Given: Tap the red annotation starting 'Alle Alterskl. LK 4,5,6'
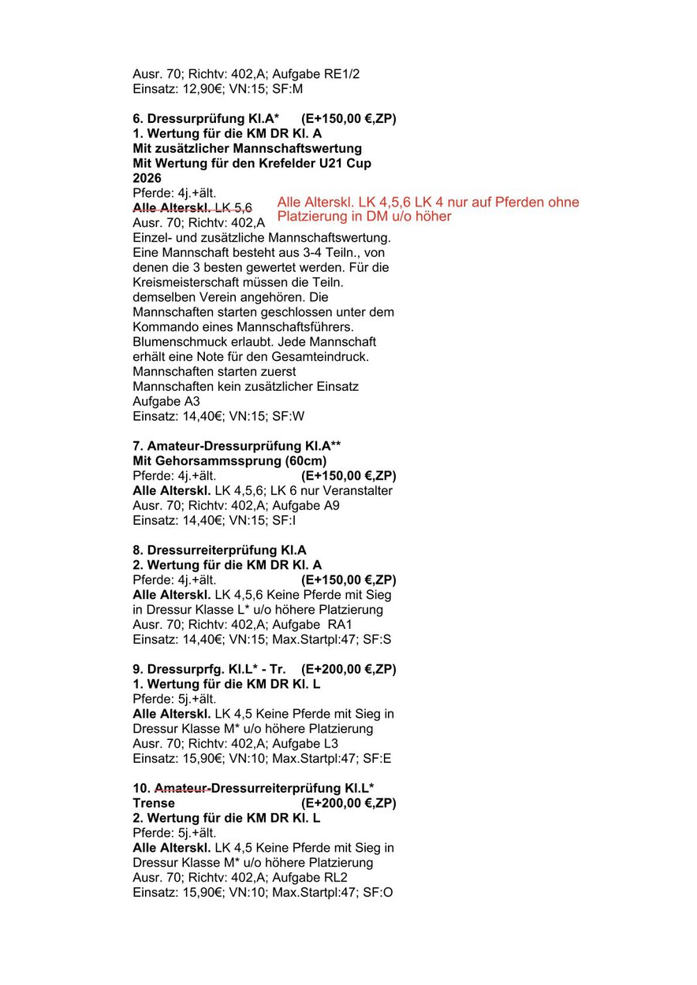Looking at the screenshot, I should point(428,209).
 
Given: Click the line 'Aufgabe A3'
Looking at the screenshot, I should point(166,402).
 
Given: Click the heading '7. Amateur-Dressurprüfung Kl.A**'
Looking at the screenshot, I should point(237,446).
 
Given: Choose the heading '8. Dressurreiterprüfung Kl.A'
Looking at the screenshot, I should point(219,550).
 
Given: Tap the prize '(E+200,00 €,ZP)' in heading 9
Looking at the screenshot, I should point(348,669).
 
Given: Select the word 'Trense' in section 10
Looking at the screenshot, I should point(154,803).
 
